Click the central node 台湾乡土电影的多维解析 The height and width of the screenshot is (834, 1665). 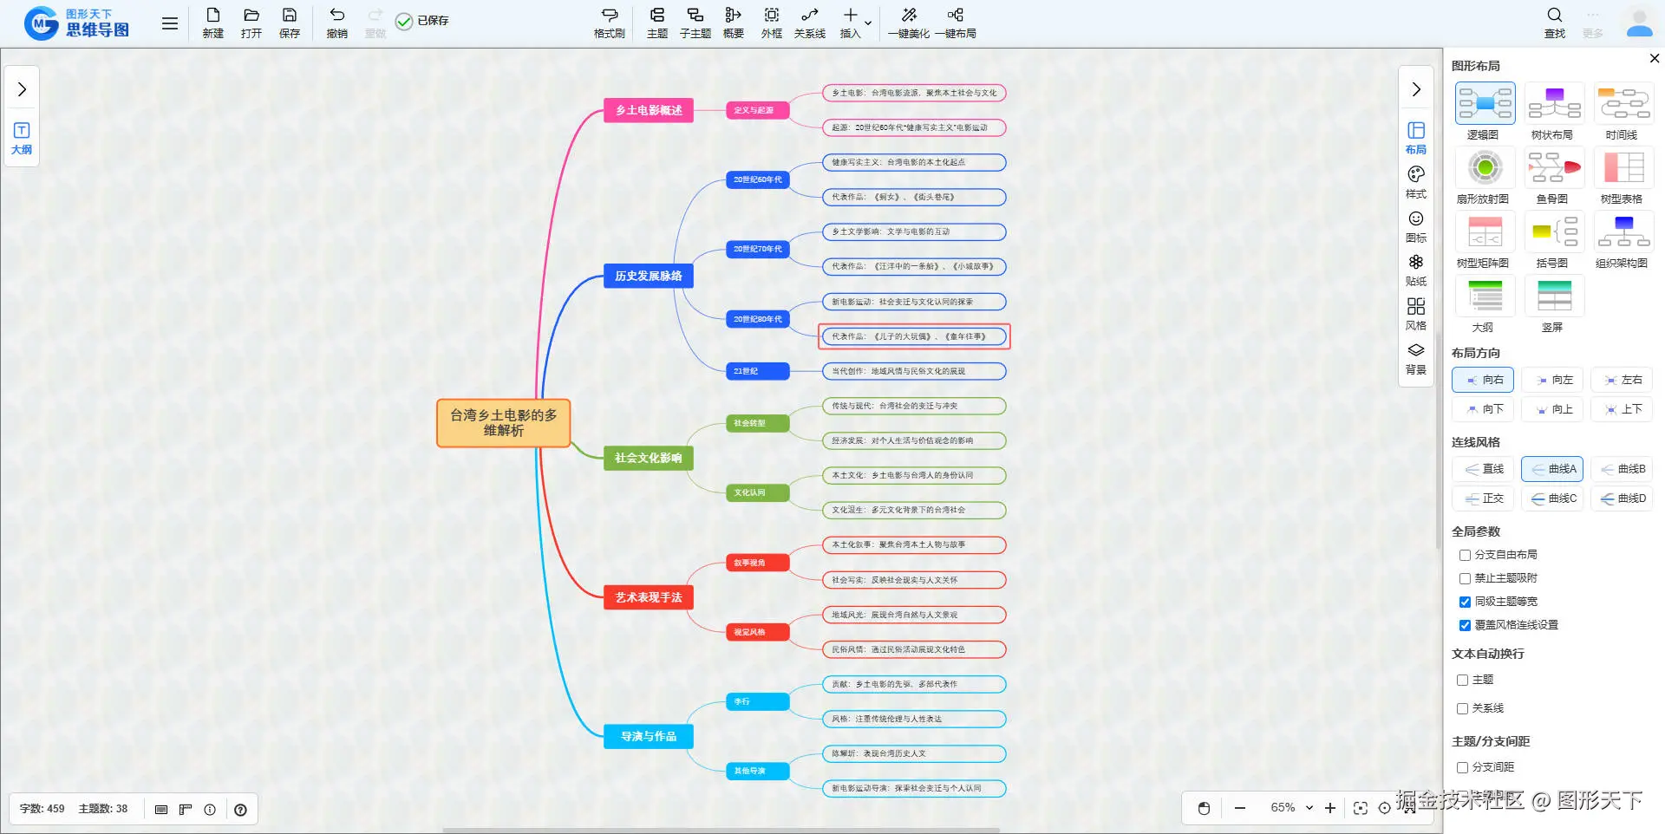click(x=503, y=422)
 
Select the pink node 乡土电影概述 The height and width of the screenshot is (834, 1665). click(x=648, y=110)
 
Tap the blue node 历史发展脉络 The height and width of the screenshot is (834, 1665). click(x=648, y=276)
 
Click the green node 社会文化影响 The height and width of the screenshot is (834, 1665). click(x=648, y=458)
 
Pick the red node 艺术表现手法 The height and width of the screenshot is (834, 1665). click(x=648, y=597)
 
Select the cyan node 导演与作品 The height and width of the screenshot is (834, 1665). click(x=648, y=736)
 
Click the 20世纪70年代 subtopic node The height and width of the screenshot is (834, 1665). click(x=757, y=249)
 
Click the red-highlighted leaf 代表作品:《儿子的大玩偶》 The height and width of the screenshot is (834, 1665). click(x=914, y=336)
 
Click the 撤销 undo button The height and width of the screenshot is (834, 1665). click(x=336, y=22)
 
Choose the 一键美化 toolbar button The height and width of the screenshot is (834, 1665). click(x=908, y=22)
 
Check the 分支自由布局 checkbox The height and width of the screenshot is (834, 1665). click(x=1465, y=555)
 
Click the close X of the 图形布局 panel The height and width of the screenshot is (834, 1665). click(x=1654, y=58)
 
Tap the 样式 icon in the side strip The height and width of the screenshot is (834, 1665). click(x=1415, y=181)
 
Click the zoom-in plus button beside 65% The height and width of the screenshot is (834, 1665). click(x=1330, y=808)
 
